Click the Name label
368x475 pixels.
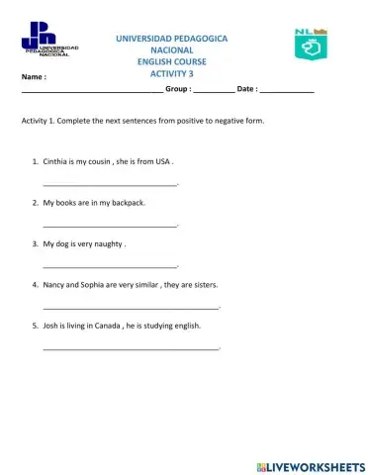34,76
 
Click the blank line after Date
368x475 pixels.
288,91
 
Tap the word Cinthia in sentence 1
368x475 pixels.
59,160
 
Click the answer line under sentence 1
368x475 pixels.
110,184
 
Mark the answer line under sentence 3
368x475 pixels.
110,266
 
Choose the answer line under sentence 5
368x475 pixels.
130,348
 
